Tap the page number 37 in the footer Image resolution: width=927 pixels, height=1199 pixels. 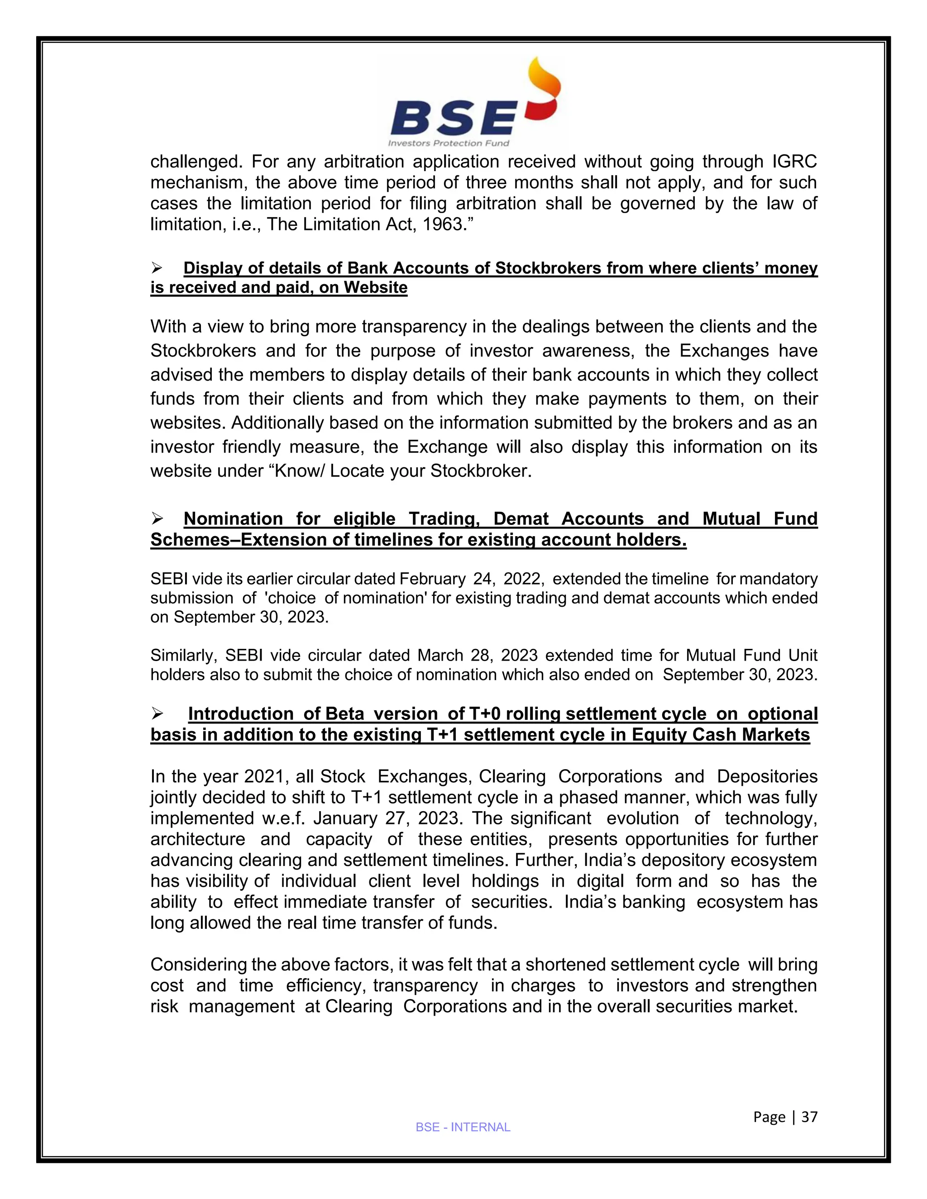point(809,1117)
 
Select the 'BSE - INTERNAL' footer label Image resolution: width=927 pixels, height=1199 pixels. point(463,1127)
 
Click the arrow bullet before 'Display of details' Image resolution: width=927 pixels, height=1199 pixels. point(158,268)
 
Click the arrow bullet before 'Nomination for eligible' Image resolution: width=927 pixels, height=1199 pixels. point(158,518)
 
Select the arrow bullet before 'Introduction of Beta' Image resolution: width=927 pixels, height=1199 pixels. point(158,714)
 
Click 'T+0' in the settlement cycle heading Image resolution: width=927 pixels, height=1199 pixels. point(484,714)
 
